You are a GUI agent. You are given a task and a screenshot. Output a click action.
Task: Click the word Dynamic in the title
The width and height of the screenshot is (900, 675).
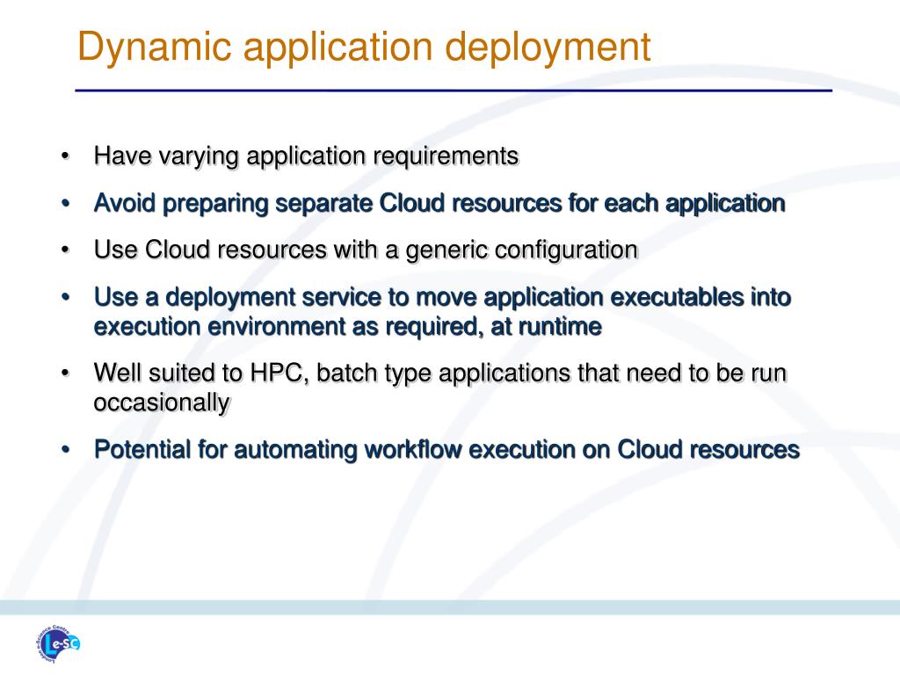pyautogui.click(x=155, y=47)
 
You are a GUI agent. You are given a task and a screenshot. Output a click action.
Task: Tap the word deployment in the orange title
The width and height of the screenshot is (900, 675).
pyautogui.click(x=548, y=47)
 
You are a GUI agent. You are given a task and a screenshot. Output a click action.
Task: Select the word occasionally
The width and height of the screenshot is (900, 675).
pyautogui.click(x=162, y=403)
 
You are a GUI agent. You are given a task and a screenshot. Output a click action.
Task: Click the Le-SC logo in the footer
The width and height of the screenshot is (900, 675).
pyautogui.click(x=57, y=643)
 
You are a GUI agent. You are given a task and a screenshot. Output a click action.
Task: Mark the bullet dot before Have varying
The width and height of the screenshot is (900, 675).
pyautogui.click(x=65, y=156)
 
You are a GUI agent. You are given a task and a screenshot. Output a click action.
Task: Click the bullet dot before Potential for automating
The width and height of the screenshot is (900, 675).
pyautogui.click(x=65, y=449)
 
